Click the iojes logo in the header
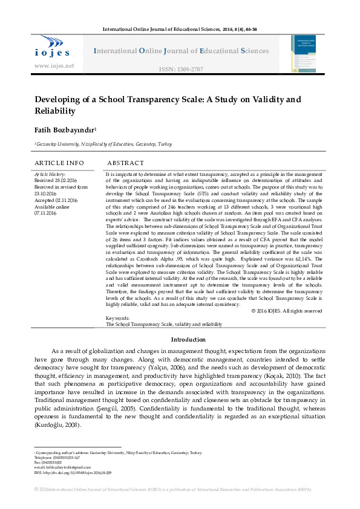click(53, 47)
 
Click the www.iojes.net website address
click(54, 66)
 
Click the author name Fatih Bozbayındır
click(65, 131)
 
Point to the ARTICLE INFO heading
click(59, 163)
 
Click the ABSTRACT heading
click(125, 163)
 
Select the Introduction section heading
click(189, 340)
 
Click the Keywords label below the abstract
click(118, 318)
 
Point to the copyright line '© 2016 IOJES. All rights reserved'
click(287, 311)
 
